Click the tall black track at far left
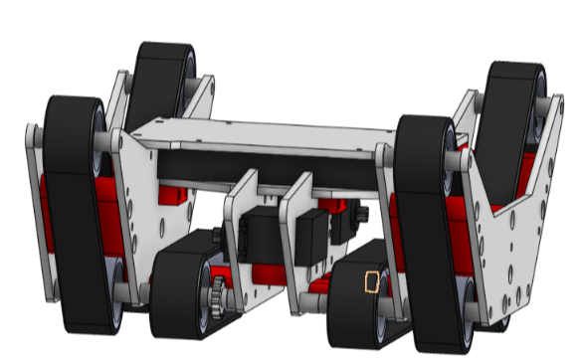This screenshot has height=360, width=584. point(75,214)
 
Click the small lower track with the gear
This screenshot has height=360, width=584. point(179,293)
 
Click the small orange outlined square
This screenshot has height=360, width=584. point(372,283)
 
